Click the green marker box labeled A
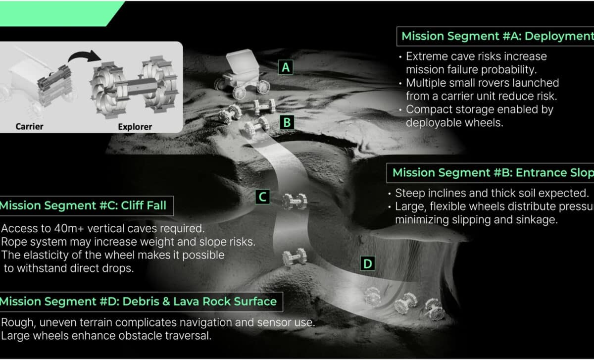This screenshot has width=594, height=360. (x=285, y=67)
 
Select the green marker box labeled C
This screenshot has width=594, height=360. (x=262, y=197)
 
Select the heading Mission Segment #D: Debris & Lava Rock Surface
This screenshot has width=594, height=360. (x=139, y=302)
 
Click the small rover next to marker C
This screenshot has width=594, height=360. (x=295, y=201)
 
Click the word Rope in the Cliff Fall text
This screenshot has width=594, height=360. (x=13, y=242)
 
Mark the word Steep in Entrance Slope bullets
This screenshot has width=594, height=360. (x=408, y=193)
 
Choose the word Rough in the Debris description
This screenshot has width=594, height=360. (x=16, y=323)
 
